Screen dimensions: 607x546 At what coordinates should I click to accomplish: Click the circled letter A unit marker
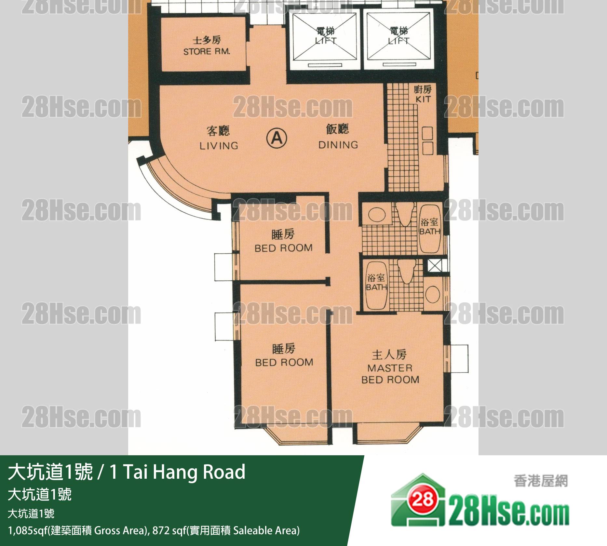[277, 138]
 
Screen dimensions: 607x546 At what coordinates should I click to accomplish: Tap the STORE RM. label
[207, 51]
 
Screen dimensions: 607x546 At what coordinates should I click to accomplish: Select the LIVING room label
[219, 146]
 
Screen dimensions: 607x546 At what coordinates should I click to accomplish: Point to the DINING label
[338, 145]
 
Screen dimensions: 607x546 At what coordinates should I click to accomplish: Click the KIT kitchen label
[423, 99]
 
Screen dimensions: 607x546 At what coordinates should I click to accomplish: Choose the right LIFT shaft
[399, 41]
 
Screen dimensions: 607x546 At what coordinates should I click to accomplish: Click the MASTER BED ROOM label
[390, 374]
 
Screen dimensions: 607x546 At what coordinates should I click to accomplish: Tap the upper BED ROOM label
[283, 248]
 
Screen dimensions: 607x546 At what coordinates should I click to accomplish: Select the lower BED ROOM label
[284, 362]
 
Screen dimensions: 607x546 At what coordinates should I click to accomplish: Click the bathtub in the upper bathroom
[430, 228]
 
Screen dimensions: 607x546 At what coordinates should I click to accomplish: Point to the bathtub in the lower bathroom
[376, 286]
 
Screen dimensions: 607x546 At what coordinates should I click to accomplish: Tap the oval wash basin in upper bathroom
[377, 215]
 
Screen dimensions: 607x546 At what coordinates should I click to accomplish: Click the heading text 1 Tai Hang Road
[178, 473]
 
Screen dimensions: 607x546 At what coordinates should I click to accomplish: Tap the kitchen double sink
[427, 141]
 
